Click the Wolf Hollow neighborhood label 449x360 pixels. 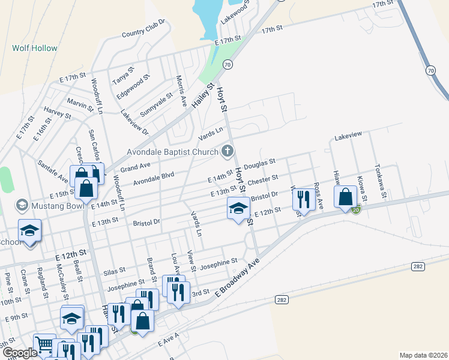click(x=35, y=48)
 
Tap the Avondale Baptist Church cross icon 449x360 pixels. click(x=228, y=151)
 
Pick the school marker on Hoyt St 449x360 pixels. click(x=238, y=209)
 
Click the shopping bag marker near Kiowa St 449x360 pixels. click(x=346, y=196)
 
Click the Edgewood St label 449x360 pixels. click(x=133, y=86)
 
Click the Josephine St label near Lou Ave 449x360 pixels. click(x=218, y=263)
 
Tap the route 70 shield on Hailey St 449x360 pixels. click(x=226, y=64)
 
